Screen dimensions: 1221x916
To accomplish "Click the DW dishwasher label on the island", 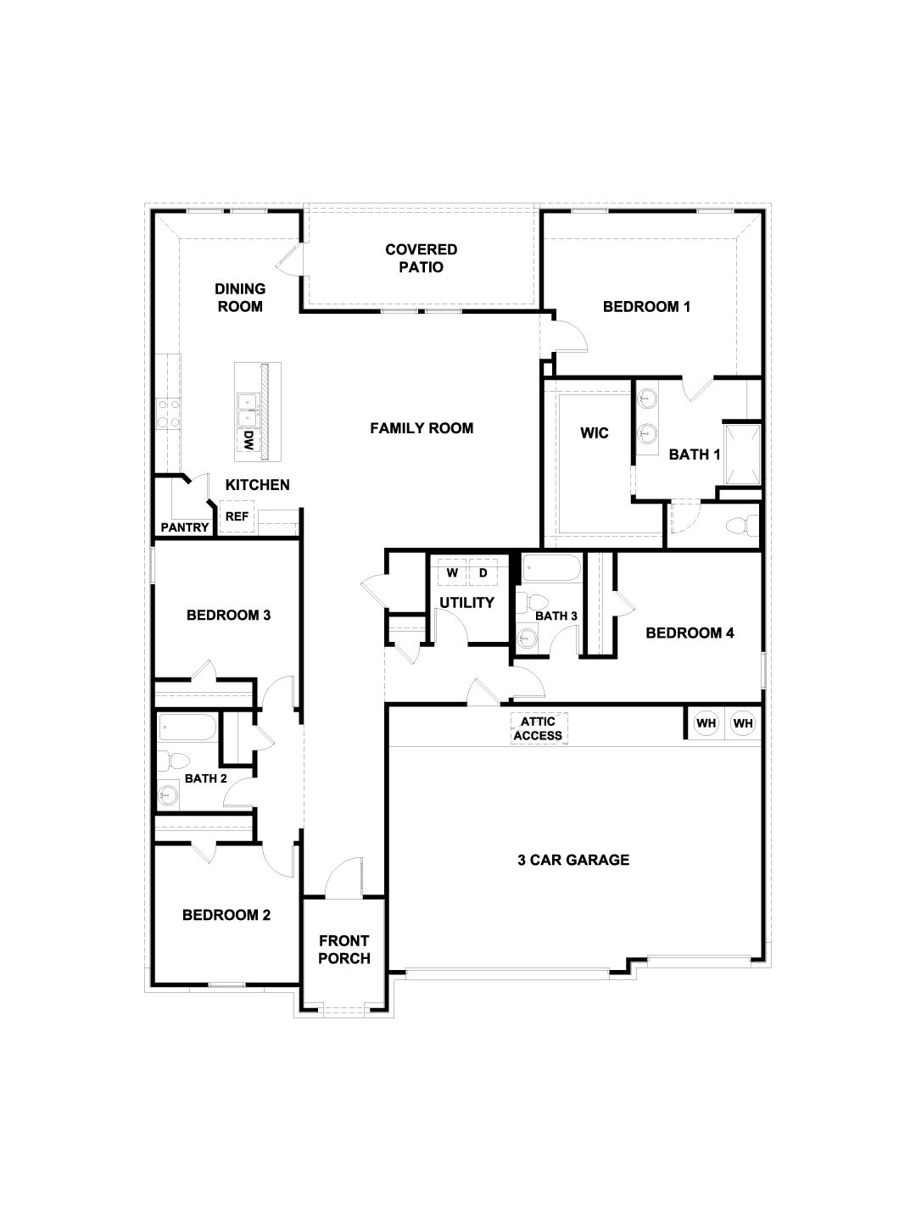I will (x=249, y=440).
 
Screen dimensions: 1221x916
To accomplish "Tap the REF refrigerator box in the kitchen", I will (x=237, y=516).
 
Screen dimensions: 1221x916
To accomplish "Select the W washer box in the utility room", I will (x=452, y=573).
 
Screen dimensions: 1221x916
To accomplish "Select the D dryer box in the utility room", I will (x=483, y=573).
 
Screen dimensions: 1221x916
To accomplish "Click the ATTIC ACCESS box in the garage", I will (x=538, y=728).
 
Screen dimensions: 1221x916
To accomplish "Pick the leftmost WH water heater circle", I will (x=706, y=723).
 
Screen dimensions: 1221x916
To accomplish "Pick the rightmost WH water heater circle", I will (x=743, y=723).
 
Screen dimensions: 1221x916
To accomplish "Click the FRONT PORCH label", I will (x=343, y=950).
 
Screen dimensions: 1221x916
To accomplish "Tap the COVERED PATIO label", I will (x=421, y=258).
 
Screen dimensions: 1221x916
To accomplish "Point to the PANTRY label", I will (x=185, y=527).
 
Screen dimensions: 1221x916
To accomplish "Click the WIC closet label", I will (x=594, y=433).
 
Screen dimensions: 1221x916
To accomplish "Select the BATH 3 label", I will (x=556, y=616).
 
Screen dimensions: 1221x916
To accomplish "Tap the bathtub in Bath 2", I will (x=187, y=728).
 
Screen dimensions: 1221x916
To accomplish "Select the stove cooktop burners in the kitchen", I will (x=167, y=413).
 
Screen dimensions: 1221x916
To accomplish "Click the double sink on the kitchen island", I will (x=248, y=410).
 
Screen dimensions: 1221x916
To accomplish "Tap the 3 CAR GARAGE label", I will (x=573, y=860).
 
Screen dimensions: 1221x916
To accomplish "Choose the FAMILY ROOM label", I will (x=422, y=428).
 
